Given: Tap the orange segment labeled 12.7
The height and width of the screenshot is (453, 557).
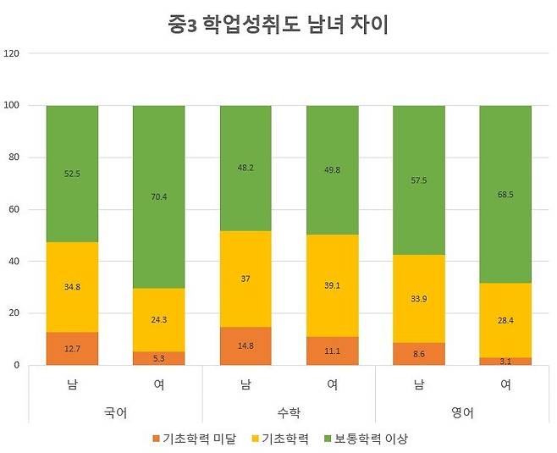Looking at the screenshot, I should (x=72, y=348).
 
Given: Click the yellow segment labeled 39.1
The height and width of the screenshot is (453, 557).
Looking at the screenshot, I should (x=332, y=285).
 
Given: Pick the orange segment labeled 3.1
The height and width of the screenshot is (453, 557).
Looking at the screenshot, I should (x=505, y=361).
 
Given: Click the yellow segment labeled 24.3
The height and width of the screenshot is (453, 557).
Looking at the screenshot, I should (x=158, y=319).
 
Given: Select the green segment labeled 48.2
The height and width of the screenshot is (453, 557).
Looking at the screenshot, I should (x=245, y=168).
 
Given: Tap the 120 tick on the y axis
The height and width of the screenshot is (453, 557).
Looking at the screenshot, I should (x=12, y=53).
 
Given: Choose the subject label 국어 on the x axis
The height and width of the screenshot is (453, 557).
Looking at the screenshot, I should (x=115, y=414).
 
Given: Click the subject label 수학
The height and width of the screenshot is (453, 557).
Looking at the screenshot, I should (x=289, y=414).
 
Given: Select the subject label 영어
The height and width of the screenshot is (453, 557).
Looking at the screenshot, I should (x=462, y=414).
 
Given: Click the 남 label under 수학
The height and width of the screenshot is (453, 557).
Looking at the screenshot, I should (x=245, y=385).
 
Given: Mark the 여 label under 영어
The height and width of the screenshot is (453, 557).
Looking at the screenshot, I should (x=505, y=385).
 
